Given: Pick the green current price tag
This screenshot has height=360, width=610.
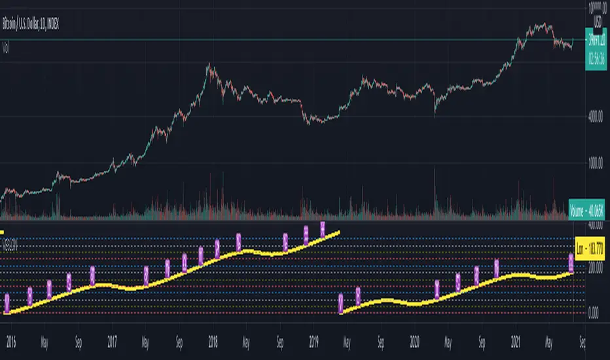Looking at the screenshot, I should click(x=596, y=39).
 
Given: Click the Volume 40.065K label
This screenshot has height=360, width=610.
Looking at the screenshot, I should click(x=588, y=210).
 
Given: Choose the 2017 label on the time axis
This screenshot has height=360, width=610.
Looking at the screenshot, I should click(x=113, y=341).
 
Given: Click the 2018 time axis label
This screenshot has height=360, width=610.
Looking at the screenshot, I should click(x=213, y=341).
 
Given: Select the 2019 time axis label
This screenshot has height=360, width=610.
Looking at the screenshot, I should click(x=313, y=341).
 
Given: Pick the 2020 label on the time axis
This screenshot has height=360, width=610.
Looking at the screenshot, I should click(x=415, y=341).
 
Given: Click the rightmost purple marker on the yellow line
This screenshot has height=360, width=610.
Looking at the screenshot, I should click(x=571, y=263).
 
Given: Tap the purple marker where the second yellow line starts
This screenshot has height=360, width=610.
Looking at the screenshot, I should click(x=341, y=302).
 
